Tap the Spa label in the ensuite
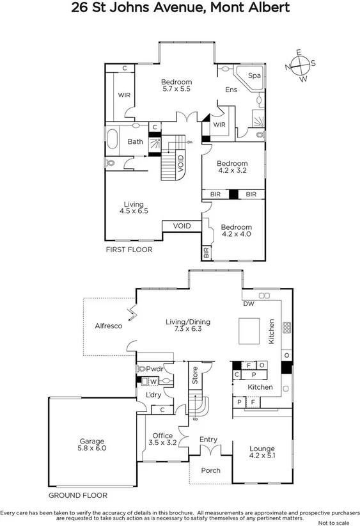pos(254,76)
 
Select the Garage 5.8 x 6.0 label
pos(93,445)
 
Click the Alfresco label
pos(108,325)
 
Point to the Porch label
pos(210,470)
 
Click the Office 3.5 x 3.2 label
pos(162,439)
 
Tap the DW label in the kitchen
pos(249,304)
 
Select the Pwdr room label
pos(155,369)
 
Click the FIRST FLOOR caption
pos(129,250)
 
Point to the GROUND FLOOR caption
pos(78,495)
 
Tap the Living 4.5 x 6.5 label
pos(134,207)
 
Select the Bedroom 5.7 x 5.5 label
pos(176,86)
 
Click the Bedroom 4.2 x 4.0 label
pos(236,231)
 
